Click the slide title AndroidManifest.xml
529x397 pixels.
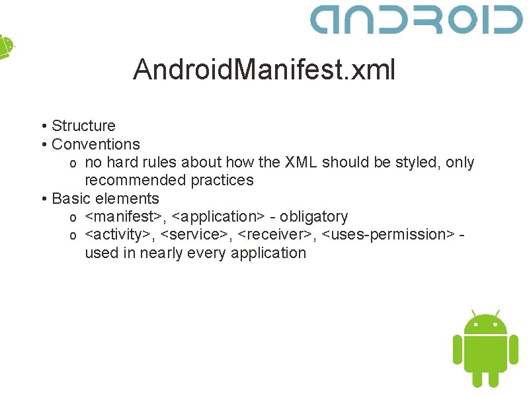[264, 69]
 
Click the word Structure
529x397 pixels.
[83, 126]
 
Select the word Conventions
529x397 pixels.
[96, 144]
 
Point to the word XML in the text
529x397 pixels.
[301, 162]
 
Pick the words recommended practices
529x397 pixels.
[169, 180]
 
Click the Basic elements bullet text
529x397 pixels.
[105, 198]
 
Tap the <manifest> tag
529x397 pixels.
[124, 216]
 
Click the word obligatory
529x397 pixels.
[314, 216]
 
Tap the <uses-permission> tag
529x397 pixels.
[388, 234]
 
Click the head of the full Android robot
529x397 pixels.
[485, 324]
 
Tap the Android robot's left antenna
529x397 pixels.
[473, 312]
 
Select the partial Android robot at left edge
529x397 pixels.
[5, 46]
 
